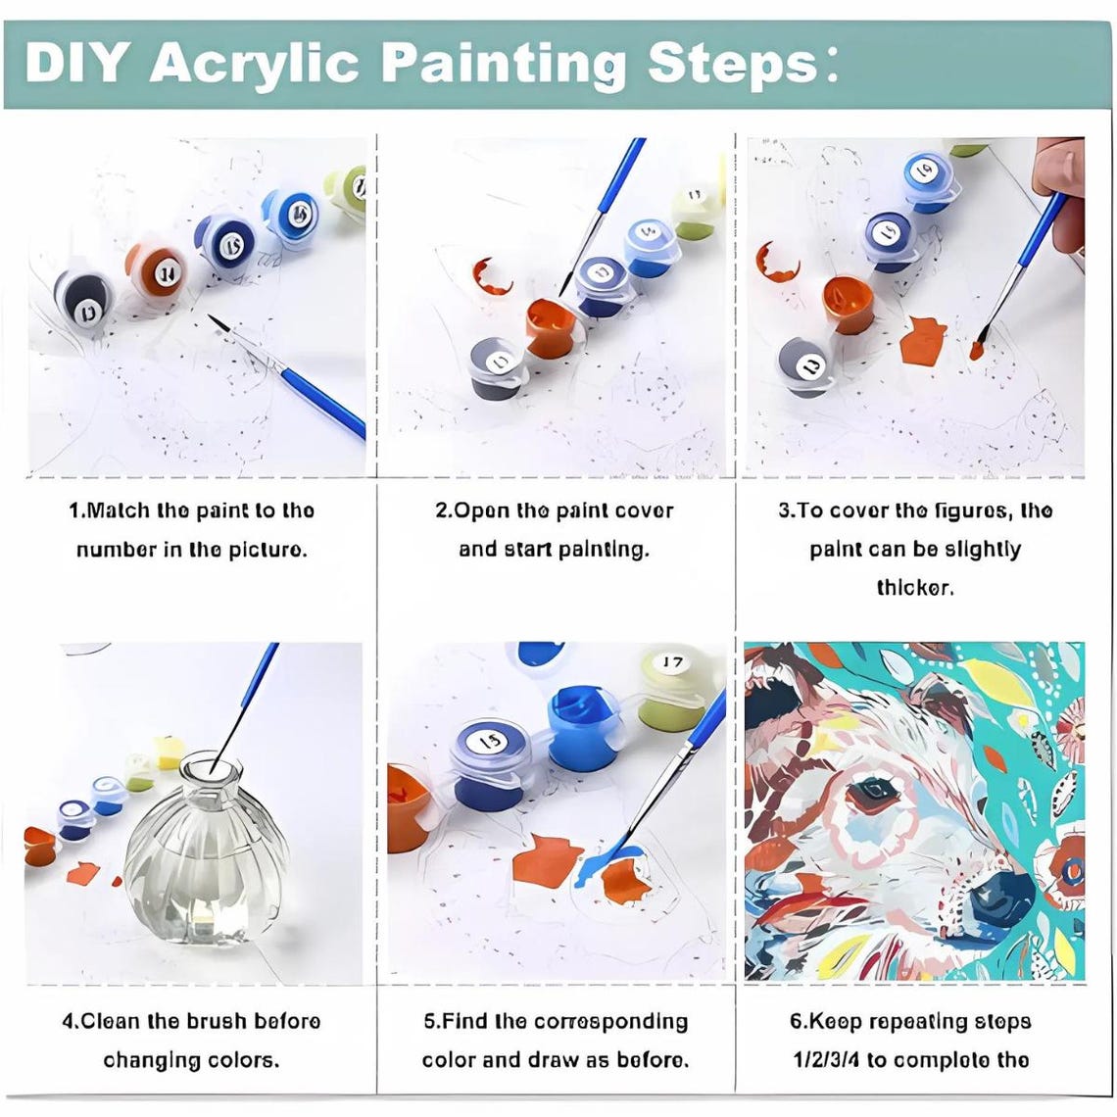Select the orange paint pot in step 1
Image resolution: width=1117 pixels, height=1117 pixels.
158,269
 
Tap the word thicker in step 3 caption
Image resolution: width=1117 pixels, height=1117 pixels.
914,588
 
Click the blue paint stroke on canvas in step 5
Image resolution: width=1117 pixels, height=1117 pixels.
607,859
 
